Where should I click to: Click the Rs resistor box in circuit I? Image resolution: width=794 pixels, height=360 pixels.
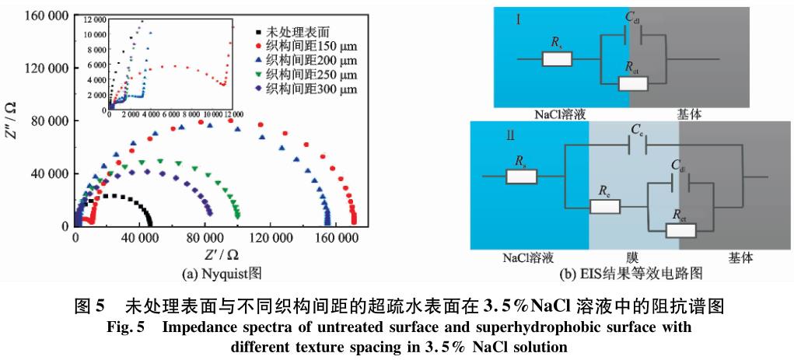557,59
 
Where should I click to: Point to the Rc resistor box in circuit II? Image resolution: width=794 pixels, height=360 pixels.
604,207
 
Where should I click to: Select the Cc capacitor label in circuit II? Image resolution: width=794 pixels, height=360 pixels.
638,128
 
